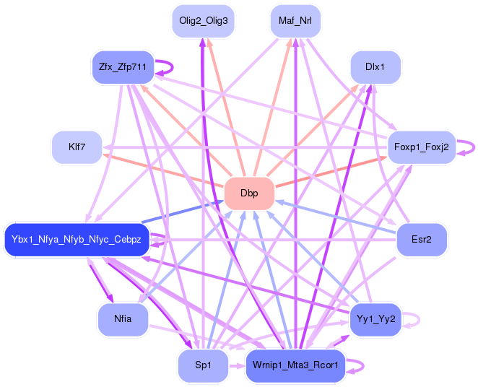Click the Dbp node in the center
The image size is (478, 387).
(x=249, y=193)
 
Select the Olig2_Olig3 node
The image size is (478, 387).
(x=203, y=21)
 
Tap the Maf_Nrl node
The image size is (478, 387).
(x=295, y=21)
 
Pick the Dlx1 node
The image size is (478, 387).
(x=374, y=67)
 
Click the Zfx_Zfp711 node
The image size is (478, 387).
(x=123, y=67)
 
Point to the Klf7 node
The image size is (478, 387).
(x=77, y=147)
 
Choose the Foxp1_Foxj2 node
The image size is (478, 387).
(x=421, y=147)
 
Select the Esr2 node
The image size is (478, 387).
(x=421, y=239)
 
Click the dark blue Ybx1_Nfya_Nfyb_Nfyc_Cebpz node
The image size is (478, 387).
(x=77, y=239)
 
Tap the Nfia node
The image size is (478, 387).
(x=123, y=319)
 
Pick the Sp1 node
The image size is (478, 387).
(x=203, y=365)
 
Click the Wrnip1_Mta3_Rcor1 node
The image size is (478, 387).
(x=295, y=365)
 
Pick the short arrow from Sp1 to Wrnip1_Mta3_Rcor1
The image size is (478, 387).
(x=236, y=366)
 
